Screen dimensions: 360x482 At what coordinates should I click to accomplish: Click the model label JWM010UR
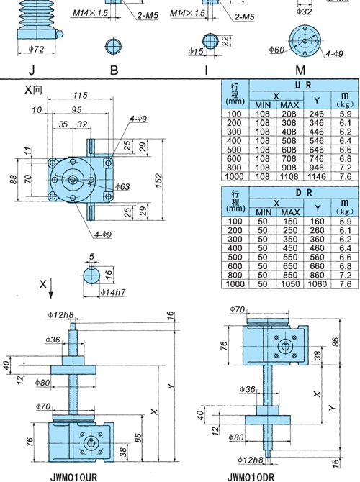pos(73,477)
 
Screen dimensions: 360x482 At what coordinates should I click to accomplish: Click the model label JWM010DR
pos(251,477)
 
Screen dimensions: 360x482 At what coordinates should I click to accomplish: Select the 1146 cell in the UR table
pos(317,176)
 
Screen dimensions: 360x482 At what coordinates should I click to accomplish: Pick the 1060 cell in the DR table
pos(317,283)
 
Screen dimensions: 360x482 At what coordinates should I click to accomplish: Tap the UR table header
pos(304,85)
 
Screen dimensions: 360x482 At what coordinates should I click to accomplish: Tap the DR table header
pos(304,193)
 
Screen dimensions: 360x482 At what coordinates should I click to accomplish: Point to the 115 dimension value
pos(80,95)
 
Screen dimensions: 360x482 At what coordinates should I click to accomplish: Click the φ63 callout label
pos(122,186)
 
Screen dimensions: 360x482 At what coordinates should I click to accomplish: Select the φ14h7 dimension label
pos(113,292)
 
